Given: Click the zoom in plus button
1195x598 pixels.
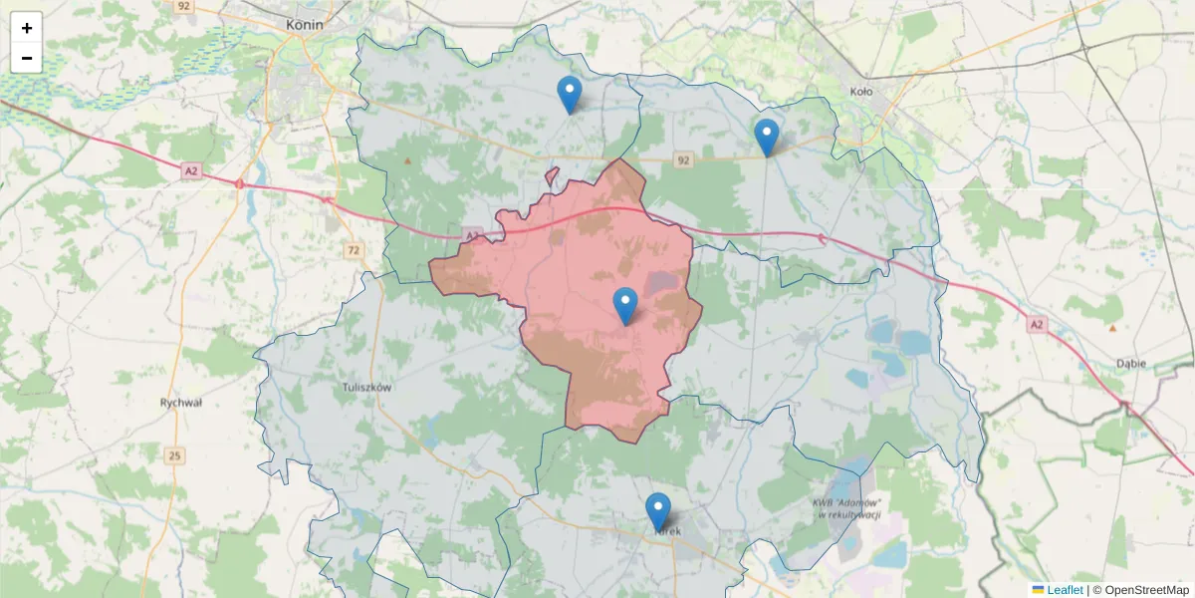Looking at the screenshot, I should pos(27,28).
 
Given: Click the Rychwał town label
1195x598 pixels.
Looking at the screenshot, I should pos(180,403).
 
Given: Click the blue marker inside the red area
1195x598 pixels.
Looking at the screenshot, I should pos(625,305).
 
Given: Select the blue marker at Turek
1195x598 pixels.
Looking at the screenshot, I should pos(658,511).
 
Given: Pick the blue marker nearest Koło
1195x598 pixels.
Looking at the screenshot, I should pos(766,137).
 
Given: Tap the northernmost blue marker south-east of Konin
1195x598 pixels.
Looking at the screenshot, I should pos(569,94).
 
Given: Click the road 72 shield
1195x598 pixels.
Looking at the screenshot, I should pos(354,249).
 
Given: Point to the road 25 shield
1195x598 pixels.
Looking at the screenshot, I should pos(175,455).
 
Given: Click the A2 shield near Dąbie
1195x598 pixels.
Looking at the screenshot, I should pos(1037,324).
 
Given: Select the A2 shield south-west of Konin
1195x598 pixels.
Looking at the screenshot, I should pos(191,171).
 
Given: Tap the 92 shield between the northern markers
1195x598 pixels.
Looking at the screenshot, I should pos(682,158).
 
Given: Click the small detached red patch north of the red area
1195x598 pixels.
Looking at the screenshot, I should pos(553,176).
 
